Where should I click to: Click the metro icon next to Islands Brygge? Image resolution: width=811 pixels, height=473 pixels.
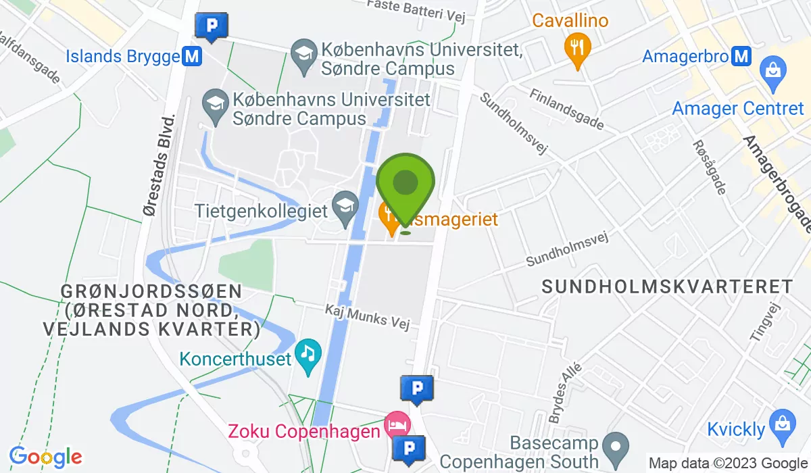pyautogui.click(x=192, y=57)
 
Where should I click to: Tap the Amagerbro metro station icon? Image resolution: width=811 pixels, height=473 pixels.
pyautogui.click(x=741, y=56)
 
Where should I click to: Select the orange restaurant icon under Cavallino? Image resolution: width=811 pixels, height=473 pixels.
pyautogui.click(x=576, y=48)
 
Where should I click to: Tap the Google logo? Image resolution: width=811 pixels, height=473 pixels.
pyautogui.click(x=45, y=457)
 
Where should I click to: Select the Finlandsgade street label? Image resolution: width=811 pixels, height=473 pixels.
pyautogui.click(x=566, y=109)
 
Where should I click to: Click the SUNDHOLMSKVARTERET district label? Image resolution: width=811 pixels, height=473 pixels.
pyautogui.click(x=667, y=287)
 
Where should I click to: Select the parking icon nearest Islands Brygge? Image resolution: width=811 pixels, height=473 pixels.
pyautogui.click(x=212, y=27)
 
